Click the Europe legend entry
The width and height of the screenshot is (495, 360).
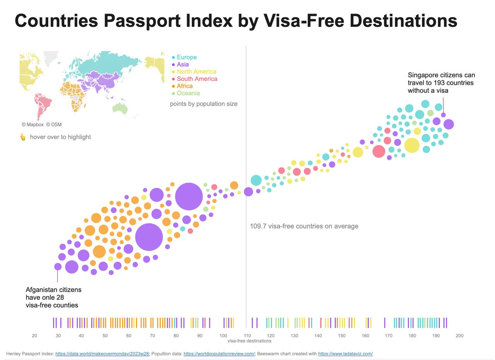pos(186,57)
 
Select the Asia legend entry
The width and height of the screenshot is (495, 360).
pos(183,65)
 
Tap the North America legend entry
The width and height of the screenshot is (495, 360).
pos(196,72)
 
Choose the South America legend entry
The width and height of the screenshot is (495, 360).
pos(196,79)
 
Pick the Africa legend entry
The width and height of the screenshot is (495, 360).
pos(184,86)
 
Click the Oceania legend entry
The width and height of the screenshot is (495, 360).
pos(188,93)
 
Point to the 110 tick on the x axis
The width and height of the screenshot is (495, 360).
pos(247,336)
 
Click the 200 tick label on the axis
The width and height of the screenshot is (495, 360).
pos(459,336)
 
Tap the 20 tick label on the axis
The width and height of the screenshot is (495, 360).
pos(34,336)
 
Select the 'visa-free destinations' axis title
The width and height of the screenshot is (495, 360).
pos(249,341)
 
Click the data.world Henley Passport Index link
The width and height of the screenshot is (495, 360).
pos(102,354)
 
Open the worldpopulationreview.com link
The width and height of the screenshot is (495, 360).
pos(219,354)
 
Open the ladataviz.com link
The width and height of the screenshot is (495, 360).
pos(345,354)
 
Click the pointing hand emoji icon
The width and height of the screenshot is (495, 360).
pos(23,137)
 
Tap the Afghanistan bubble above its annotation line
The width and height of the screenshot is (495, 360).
pos(58,266)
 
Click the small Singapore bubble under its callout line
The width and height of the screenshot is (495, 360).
pos(444,115)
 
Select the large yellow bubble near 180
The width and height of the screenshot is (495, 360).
pos(412,145)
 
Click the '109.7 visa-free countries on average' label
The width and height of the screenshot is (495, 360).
pos(304,226)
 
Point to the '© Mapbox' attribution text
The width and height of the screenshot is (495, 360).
pos(32,125)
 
